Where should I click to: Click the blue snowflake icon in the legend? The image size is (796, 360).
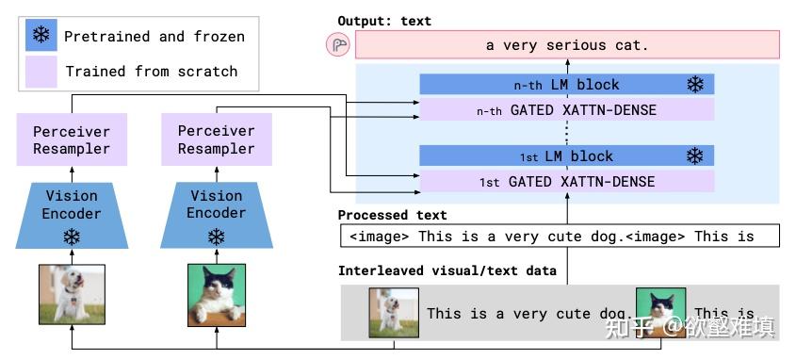[42, 37]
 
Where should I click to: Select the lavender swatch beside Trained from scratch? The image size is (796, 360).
[42, 71]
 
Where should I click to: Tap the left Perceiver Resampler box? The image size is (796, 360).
[72, 140]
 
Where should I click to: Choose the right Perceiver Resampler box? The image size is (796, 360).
[217, 140]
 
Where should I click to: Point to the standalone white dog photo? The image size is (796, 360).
[72, 294]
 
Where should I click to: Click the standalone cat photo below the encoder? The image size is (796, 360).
[217, 294]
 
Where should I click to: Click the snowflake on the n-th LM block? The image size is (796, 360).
[695, 85]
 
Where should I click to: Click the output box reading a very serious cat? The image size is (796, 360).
[568, 44]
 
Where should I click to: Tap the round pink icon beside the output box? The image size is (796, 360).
[337, 44]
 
